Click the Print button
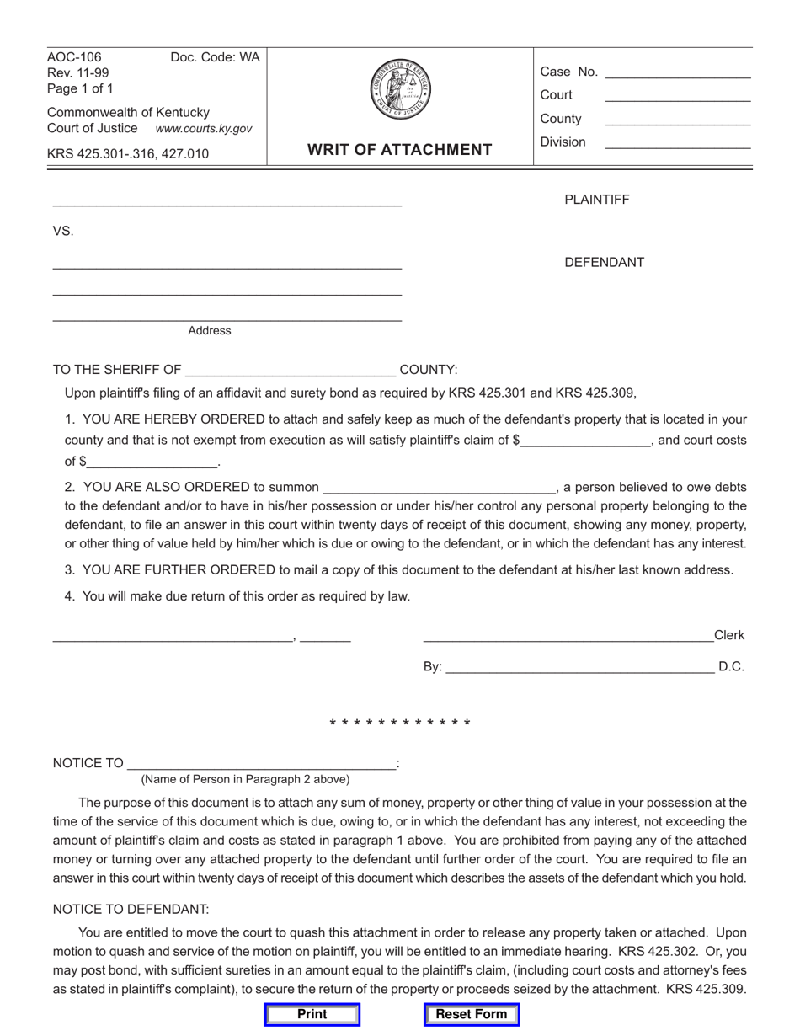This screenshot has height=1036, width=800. click(x=312, y=1014)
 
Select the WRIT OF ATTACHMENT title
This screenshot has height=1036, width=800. click(x=400, y=150)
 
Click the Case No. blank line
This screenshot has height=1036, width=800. click(x=678, y=73)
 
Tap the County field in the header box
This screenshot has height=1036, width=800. click(x=678, y=120)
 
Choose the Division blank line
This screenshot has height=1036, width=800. click(x=678, y=144)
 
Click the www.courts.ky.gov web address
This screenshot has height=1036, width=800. click(x=204, y=129)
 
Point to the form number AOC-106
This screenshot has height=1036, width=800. click(x=74, y=58)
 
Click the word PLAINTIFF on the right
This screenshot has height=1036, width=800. click(x=596, y=200)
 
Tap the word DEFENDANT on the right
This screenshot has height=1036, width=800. click(x=604, y=263)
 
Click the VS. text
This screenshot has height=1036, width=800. click(x=63, y=232)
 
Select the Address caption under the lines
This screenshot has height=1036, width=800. click(x=209, y=331)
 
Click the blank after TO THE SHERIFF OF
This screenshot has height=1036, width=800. click(x=291, y=370)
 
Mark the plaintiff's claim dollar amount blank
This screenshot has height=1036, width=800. click(x=586, y=440)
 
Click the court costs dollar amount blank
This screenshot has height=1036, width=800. click(x=152, y=462)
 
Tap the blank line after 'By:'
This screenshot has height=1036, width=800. click(x=579, y=668)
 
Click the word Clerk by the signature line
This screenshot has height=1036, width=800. click(x=729, y=636)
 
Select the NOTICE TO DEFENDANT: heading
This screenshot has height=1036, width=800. click(x=131, y=910)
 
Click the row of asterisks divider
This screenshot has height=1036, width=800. click(x=400, y=724)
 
